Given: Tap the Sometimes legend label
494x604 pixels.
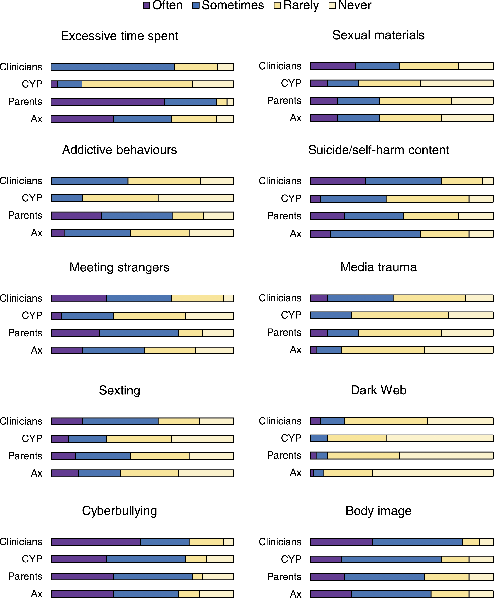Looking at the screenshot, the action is click(x=233, y=5).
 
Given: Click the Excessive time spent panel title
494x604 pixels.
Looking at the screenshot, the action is click(x=120, y=36).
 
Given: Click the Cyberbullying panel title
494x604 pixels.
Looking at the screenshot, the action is click(x=120, y=511).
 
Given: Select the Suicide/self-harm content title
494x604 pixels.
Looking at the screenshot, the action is click(x=378, y=150).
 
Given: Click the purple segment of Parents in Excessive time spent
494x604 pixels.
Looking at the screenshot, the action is click(x=108, y=102).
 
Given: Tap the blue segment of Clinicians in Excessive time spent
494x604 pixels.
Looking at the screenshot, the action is click(x=113, y=67).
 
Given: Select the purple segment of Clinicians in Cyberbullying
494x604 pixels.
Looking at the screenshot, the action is click(x=96, y=542).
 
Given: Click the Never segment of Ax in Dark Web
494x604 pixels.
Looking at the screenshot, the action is click(x=433, y=473).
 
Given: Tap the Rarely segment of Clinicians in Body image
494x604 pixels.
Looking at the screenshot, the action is click(x=471, y=542).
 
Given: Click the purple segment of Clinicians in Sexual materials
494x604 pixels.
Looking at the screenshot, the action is click(x=333, y=66).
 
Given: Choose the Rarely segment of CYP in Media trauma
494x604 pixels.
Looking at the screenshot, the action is click(x=400, y=315).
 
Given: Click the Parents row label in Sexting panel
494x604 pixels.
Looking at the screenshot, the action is click(x=25, y=456).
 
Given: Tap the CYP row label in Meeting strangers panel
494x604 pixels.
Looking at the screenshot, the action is click(x=32, y=315).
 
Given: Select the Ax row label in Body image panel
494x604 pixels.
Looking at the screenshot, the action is click(x=296, y=594).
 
